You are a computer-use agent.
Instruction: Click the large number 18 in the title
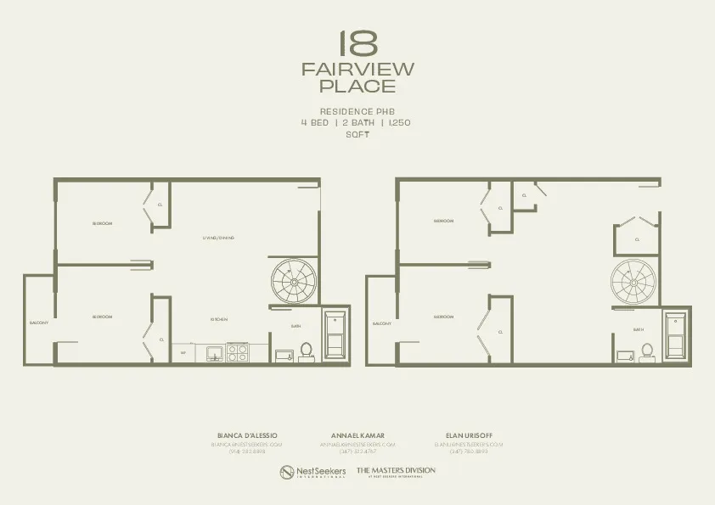pyautogui.click(x=357, y=44)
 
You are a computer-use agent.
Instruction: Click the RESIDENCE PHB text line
pyautogui.click(x=357, y=111)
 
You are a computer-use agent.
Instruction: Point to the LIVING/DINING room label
pyautogui.click(x=218, y=238)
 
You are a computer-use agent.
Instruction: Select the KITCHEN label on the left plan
pyautogui.click(x=218, y=319)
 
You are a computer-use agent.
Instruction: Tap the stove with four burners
pyautogui.click(x=238, y=351)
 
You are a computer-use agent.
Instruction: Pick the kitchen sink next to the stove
pyautogui.click(x=213, y=352)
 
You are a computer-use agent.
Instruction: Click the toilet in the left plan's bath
pyautogui.click(x=307, y=351)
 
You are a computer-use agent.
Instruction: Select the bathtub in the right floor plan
pyautogui.click(x=676, y=337)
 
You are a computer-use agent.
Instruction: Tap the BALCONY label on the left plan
pyautogui.click(x=39, y=323)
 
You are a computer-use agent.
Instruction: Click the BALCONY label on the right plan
pyautogui.click(x=381, y=323)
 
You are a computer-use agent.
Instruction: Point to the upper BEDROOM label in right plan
pyautogui.click(x=443, y=221)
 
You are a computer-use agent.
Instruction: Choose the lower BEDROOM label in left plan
pyautogui.click(x=102, y=317)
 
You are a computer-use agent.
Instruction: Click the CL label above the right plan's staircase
pyautogui.click(x=637, y=239)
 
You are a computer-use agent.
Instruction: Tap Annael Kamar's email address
pyautogui.click(x=357, y=444)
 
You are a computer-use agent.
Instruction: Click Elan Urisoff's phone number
pyautogui.click(x=469, y=452)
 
